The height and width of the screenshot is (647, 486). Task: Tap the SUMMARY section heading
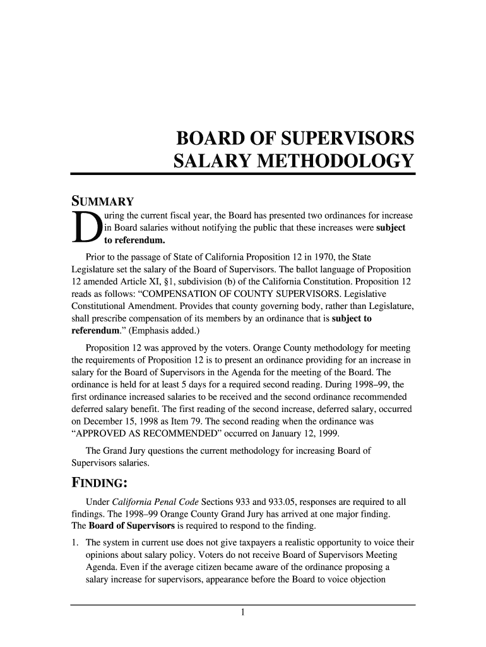(102, 202)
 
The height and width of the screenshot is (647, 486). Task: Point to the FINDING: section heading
(100, 484)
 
